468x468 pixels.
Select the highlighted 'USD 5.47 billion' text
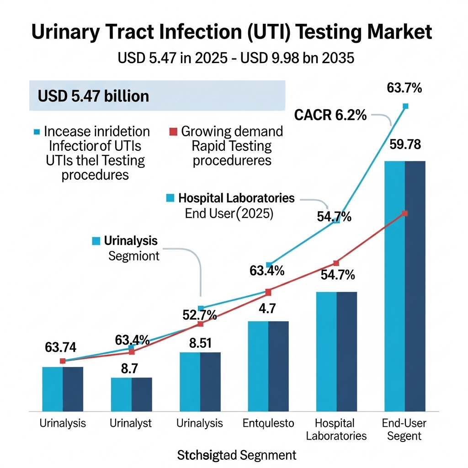click(x=94, y=96)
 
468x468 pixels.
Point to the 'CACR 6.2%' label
click(x=330, y=115)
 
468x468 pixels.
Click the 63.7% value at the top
click(x=404, y=88)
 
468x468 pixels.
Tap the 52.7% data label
click(x=199, y=316)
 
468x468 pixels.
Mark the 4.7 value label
click(x=267, y=308)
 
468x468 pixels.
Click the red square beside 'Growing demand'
click(x=172, y=132)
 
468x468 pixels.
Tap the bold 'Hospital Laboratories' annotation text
click(x=236, y=198)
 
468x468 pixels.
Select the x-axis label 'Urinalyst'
click(x=131, y=423)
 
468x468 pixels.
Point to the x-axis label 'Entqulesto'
click(x=268, y=423)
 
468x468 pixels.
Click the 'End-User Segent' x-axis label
click(x=404, y=429)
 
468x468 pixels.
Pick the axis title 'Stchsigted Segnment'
click(x=236, y=455)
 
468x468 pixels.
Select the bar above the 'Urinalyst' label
click(x=132, y=394)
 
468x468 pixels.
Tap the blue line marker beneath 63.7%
click(x=405, y=106)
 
